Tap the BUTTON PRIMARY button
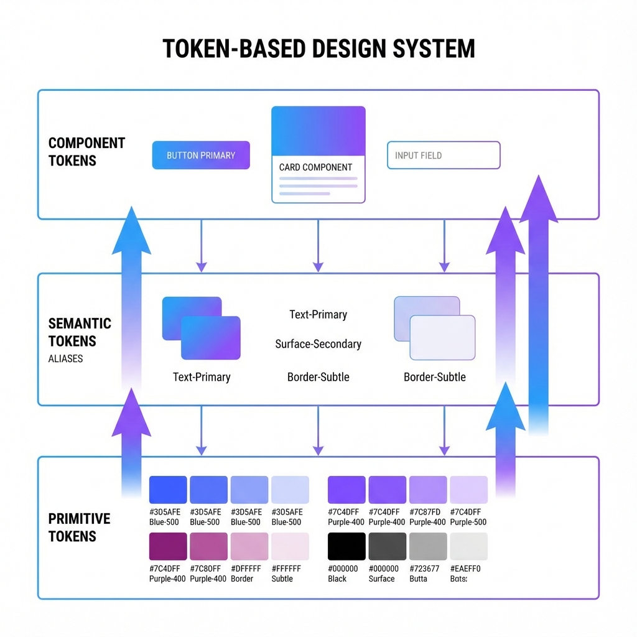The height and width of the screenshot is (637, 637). pyautogui.click(x=201, y=156)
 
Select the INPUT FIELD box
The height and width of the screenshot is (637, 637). pyautogui.click(x=444, y=156)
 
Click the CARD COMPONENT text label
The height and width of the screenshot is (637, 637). pyautogui.click(x=315, y=167)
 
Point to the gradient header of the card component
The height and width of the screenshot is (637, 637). pyautogui.click(x=318, y=131)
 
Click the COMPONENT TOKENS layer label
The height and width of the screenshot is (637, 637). pyautogui.click(x=86, y=152)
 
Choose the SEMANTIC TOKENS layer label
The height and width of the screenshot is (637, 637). pyautogui.click(x=80, y=332)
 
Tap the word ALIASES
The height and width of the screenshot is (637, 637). pyautogui.click(x=65, y=359)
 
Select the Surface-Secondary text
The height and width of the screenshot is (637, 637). pyautogui.click(x=318, y=344)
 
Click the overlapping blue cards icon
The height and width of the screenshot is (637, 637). pyautogui.click(x=201, y=328)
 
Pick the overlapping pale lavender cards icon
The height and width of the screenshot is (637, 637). pyautogui.click(x=434, y=328)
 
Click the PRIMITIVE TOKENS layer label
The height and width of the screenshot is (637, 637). pyautogui.click(x=79, y=528)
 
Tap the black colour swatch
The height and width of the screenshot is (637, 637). pyautogui.click(x=346, y=546)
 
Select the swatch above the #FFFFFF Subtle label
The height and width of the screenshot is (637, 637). pyautogui.click(x=290, y=546)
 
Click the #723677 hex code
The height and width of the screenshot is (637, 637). pyautogui.click(x=424, y=569)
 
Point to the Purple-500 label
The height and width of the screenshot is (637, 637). pyautogui.click(x=468, y=523)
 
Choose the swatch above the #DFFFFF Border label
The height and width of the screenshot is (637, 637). pyautogui.click(x=249, y=546)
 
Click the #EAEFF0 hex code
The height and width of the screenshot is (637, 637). pyautogui.click(x=465, y=569)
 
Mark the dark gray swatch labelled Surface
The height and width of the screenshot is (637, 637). pyautogui.click(x=388, y=546)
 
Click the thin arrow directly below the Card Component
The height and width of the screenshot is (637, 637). pyautogui.click(x=318, y=246)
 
